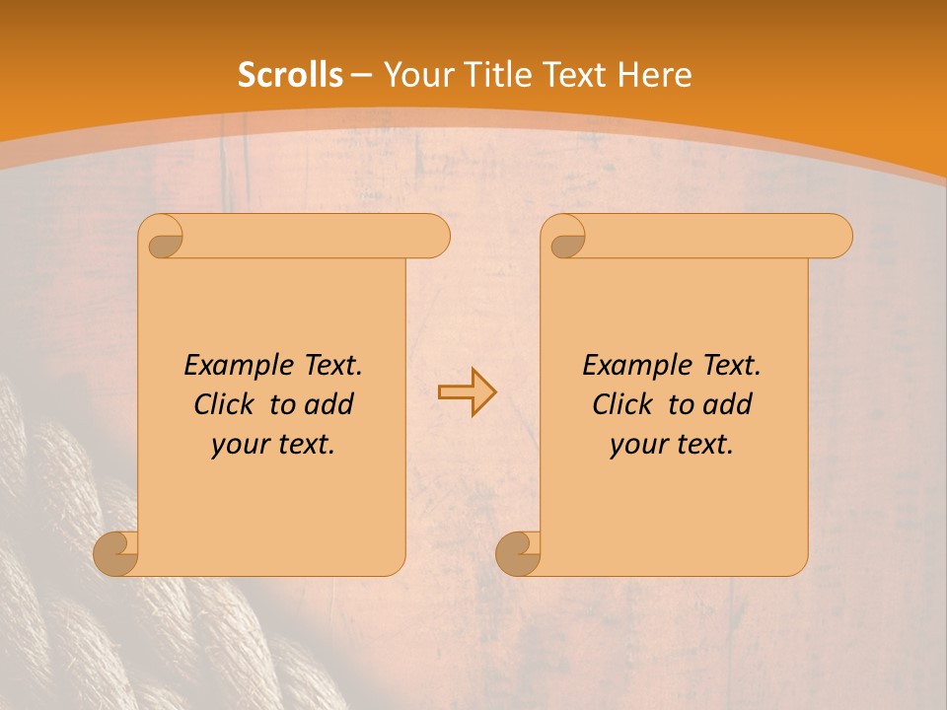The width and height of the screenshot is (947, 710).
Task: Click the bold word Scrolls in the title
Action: (x=291, y=75)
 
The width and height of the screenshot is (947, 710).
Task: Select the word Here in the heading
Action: (x=654, y=75)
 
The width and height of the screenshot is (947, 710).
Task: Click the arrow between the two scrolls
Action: (x=467, y=392)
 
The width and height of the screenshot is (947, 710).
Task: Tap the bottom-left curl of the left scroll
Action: (x=116, y=554)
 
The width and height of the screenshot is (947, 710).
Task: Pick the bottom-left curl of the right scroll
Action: (x=519, y=554)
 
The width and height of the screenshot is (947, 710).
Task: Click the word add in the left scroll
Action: (x=328, y=405)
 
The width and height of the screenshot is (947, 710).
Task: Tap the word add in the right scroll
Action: (x=727, y=405)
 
